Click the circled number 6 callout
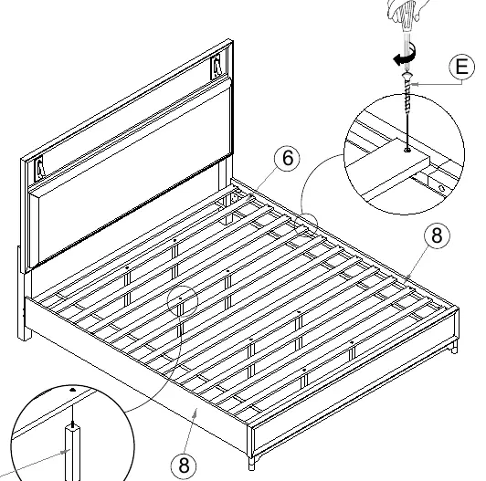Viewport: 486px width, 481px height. coord(288,158)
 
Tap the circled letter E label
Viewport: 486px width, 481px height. coord(462,67)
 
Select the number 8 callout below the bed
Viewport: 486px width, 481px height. coord(184,465)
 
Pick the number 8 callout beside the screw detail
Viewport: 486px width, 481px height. coord(437,235)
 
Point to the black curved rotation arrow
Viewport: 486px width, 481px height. coord(406,55)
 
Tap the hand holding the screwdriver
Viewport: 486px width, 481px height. coord(407,11)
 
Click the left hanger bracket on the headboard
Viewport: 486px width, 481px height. coord(39,169)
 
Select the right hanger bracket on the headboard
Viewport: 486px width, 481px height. coord(216,67)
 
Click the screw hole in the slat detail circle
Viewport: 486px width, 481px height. coord(407,151)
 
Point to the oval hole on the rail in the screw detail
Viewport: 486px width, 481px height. coord(441,187)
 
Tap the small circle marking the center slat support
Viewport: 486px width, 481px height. coord(183,301)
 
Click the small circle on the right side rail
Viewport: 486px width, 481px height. coord(306,225)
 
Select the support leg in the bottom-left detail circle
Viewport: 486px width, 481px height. coord(72,452)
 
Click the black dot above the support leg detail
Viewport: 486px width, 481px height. coord(72,390)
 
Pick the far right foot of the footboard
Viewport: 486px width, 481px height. coord(454,347)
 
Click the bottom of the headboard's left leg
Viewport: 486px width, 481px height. coord(25,335)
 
